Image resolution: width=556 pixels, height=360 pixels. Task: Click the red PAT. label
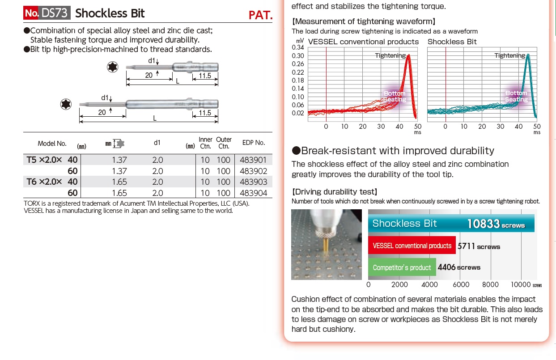click(x=260, y=15)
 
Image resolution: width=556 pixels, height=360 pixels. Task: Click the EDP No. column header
click(x=254, y=143)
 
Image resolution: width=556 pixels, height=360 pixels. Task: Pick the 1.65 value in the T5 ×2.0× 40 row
click(x=120, y=182)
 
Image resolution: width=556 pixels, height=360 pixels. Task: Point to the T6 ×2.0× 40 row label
click(x=52, y=182)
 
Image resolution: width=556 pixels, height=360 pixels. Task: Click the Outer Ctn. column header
click(x=224, y=143)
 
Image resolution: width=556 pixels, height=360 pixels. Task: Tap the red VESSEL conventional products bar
click(x=412, y=246)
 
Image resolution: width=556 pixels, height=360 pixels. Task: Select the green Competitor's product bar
click(x=402, y=267)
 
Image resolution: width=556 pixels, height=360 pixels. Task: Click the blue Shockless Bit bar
click(x=451, y=224)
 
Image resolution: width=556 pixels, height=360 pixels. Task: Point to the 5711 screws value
click(x=479, y=246)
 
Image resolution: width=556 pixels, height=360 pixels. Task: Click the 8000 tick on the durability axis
click(x=490, y=284)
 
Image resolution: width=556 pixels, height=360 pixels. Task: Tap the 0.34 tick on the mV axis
click(x=298, y=47)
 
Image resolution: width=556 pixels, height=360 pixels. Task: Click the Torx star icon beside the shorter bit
click(x=112, y=67)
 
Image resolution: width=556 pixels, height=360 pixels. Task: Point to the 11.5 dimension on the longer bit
click(x=205, y=113)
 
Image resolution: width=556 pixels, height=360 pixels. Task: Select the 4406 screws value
click(x=459, y=267)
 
